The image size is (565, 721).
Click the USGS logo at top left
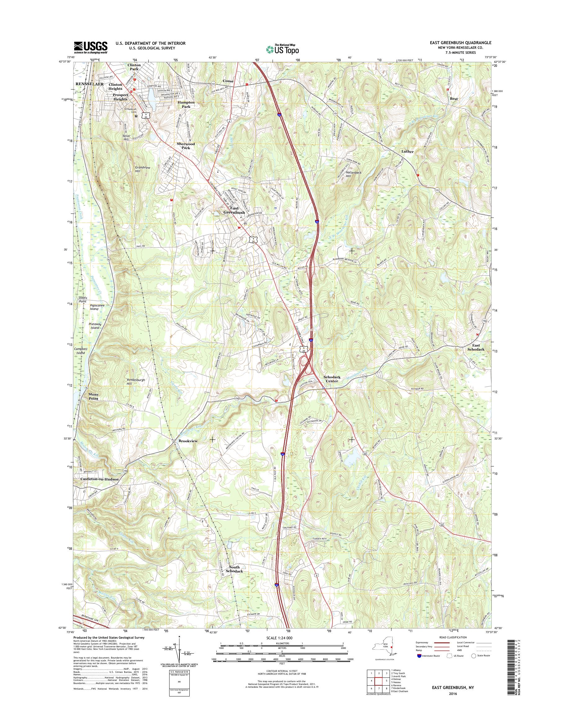point(90,47)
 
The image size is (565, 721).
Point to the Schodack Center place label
point(331,379)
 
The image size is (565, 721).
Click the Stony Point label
point(93,397)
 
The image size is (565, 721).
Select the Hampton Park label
point(186,105)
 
